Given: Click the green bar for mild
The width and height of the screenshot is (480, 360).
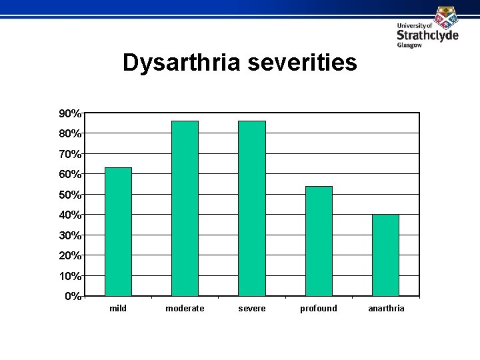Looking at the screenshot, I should [118, 231].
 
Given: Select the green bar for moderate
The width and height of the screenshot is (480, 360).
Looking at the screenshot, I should [185, 208].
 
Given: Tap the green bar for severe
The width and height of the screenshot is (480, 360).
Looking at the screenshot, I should [252, 208].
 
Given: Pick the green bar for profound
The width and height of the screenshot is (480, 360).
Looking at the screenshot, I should [319, 241].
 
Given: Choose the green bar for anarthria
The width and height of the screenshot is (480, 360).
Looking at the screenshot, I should [385, 255].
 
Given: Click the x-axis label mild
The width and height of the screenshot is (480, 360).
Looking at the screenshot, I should [118, 309].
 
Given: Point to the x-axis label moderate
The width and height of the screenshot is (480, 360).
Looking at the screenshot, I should [185, 309].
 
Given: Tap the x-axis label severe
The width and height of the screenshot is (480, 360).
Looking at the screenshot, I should [252, 309].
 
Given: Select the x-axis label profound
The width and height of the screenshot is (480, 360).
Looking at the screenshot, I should [319, 309].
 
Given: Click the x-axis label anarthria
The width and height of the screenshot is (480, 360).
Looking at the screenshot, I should [386, 309].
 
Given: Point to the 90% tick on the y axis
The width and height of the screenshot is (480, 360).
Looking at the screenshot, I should [83, 113].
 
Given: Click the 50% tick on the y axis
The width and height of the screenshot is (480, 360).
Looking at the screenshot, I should [83, 194].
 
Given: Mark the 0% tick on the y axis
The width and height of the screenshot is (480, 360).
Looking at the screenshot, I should [83, 295].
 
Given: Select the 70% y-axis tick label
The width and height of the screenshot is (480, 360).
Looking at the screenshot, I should [70, 154].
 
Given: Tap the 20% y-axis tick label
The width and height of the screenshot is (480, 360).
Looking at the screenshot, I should [70, 255].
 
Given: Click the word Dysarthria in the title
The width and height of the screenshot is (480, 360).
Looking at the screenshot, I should [181, 63].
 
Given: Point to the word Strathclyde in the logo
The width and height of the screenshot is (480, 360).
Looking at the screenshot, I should [427, 35].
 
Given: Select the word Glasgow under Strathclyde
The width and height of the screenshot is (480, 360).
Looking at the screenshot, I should [409, 45].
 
